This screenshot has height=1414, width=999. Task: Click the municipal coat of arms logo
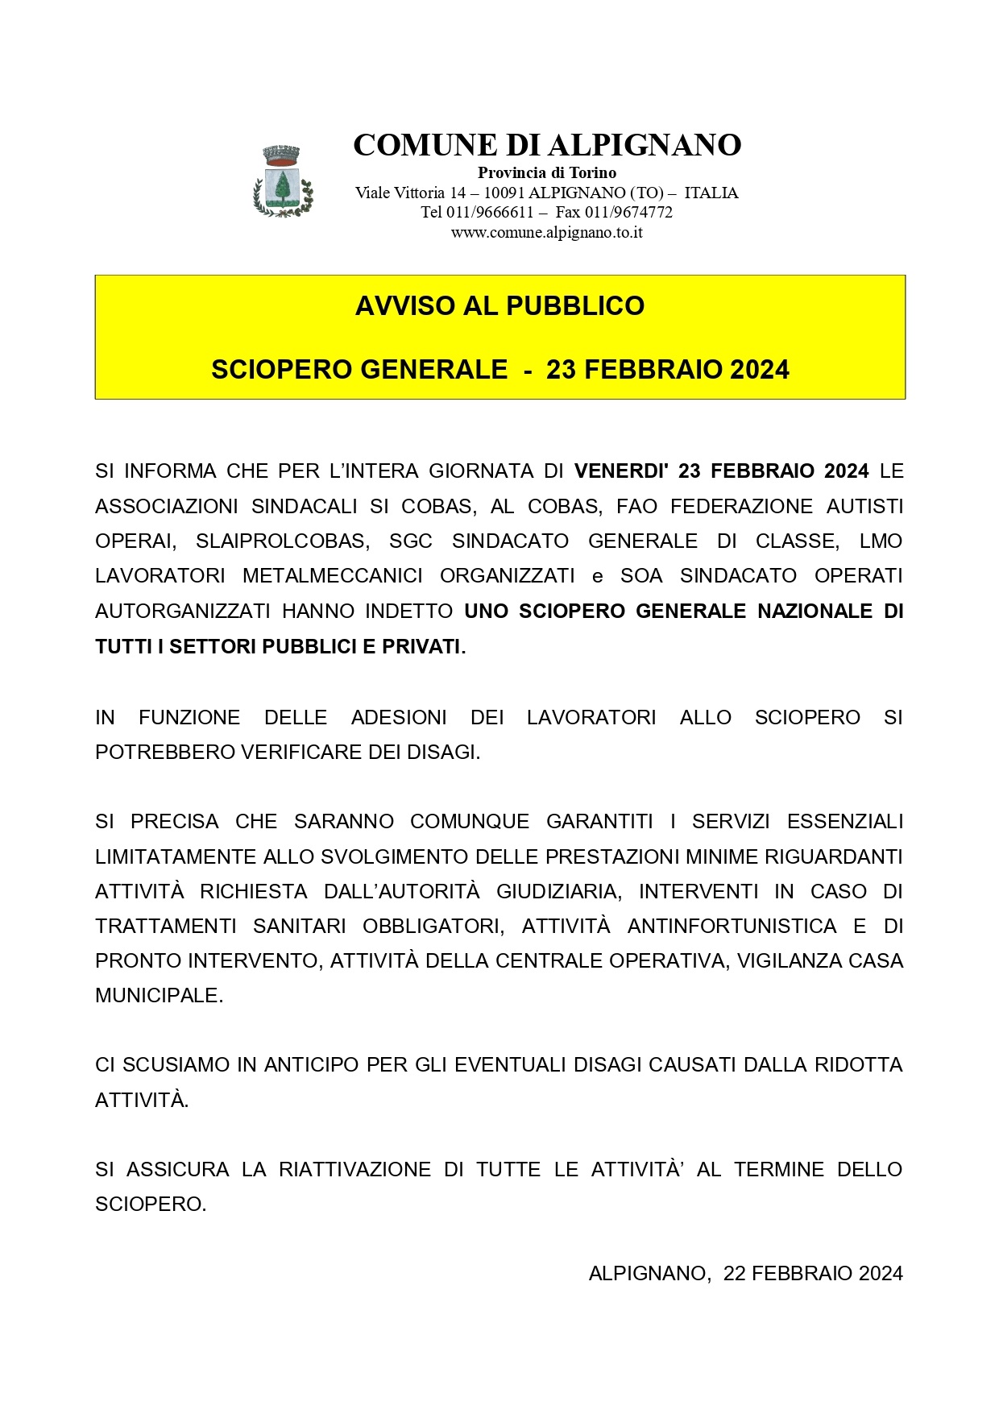tap(283, 181)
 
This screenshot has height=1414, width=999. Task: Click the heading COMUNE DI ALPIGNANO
tap(547, 145)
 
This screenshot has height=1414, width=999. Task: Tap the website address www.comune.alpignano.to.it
tap(546, 233)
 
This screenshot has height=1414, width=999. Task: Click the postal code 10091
tap(504, 193)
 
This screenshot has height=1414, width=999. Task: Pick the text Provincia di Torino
tap(547, 172)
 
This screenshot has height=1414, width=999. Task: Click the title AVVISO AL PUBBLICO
tap(499, 306)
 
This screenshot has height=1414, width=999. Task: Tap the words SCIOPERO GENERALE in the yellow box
tap(359, 370)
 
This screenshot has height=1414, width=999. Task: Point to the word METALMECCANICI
tap(333, 576)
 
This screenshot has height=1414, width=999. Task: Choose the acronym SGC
tap(411, 541)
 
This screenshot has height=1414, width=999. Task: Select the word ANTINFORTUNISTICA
tap(732, 927)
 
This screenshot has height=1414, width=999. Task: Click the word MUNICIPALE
tap(159, 996)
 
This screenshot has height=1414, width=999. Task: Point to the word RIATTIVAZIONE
tap(354, 1170)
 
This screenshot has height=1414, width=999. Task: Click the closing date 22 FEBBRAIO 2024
tap(813, 1274)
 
